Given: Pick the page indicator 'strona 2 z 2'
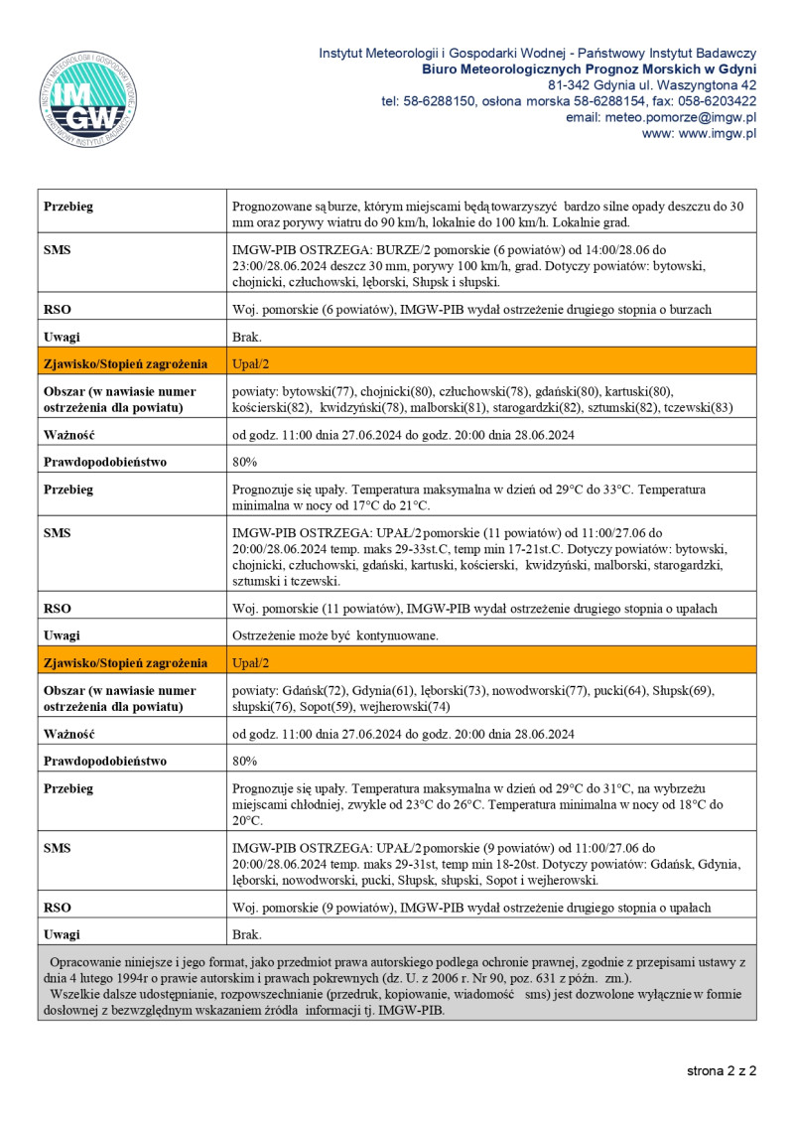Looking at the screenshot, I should coord(722,1071).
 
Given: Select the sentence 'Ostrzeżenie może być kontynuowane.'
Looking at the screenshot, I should coord(334,635).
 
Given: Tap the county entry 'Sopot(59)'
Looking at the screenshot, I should coord(338,706).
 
